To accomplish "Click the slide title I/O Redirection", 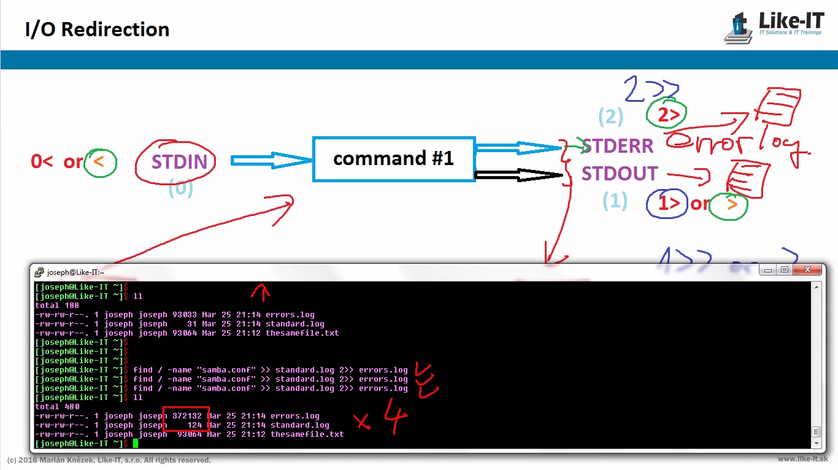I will coord(97,29).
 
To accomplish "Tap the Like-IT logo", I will coord(774,28).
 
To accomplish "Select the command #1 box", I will coord(393,159).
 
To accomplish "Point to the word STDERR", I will coord(618,146).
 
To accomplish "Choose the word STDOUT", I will coord(620,174).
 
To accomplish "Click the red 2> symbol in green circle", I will coord(666,114).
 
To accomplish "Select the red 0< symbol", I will coord(42,162).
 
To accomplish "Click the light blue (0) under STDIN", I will coord(180,188).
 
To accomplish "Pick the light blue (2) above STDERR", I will coord(610,117).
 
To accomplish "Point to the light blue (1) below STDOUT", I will coord(615,201).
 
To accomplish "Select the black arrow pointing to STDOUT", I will coord(519,175).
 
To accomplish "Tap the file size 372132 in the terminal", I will coord(186,416).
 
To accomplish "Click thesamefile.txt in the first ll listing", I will coord(302,333).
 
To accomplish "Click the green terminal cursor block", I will coord(136,443).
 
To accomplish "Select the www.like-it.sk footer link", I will coord(802,459).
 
